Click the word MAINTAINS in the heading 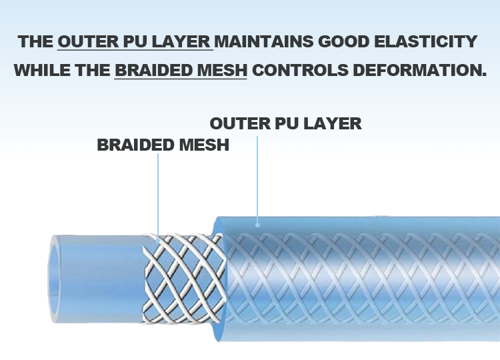[x=262, y=41]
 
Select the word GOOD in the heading [x=341, y=41]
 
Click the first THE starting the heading [x=36, y=41]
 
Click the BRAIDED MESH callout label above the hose [x=163, y=145]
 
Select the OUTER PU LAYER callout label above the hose [x=285, y=123]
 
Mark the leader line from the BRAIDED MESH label [x=158, y=193]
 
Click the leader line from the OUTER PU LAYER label [x=257, y=177]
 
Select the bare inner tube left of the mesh [x=100, y=273]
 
